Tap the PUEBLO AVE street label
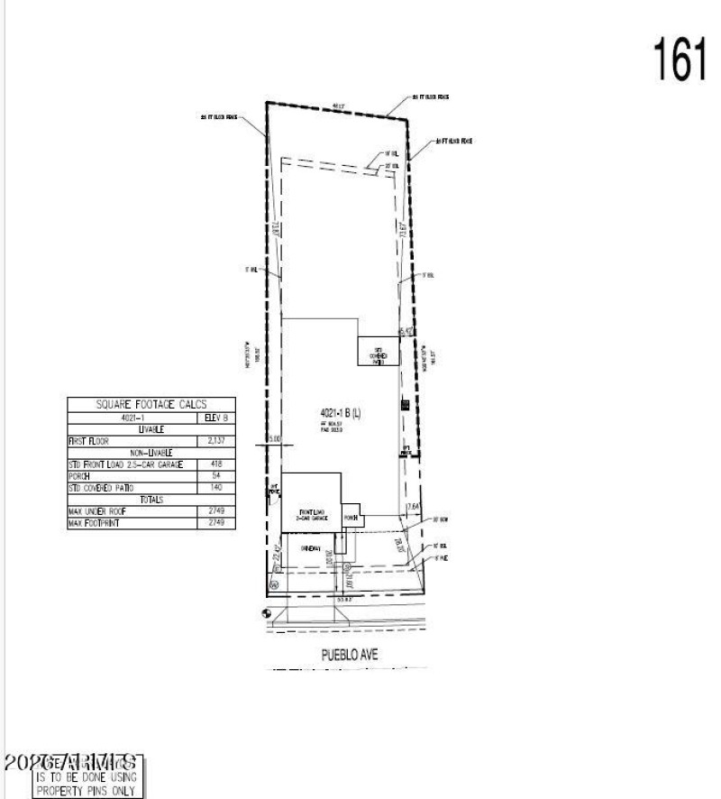[x=345, y=656]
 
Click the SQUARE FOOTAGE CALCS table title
[x=151, y=406]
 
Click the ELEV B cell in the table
[x=216, y=418]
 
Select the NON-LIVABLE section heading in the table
[x=151, y=453]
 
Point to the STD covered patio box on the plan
[x=379, y=353]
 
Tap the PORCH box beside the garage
[x=351, y=519]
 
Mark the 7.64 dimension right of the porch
[x=413, y=507]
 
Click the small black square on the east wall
[x=405, y=405]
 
